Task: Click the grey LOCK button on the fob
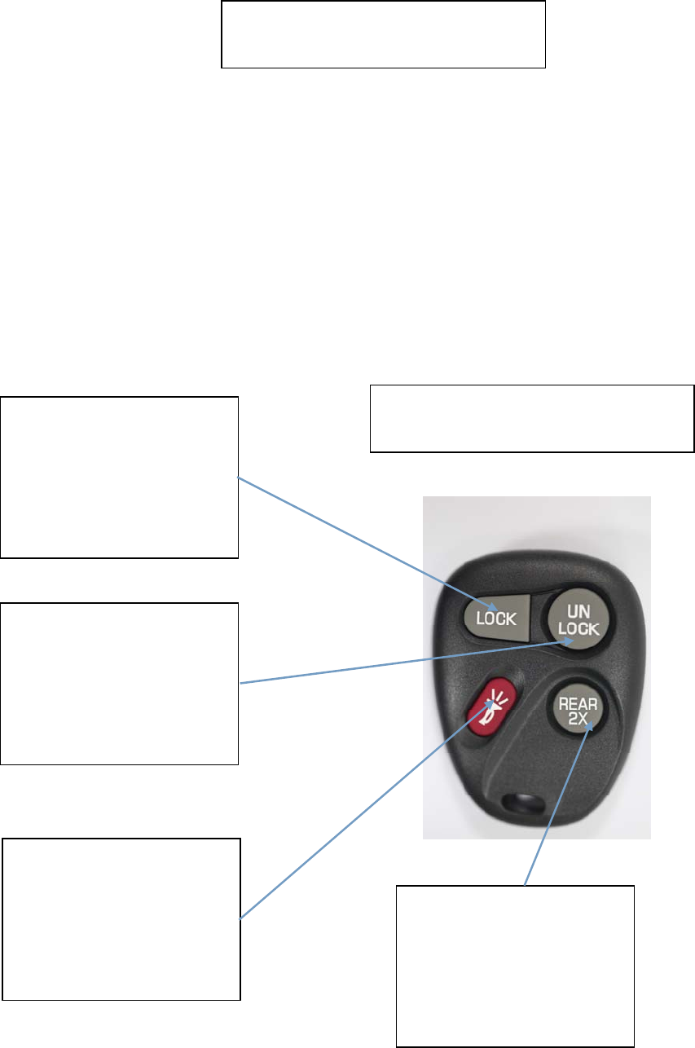click(494, 617)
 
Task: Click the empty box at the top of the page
click(383, 33)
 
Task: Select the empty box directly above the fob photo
click(532, 418)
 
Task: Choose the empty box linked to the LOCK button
click(119, 477)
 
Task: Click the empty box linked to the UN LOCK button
click(119, 683)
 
